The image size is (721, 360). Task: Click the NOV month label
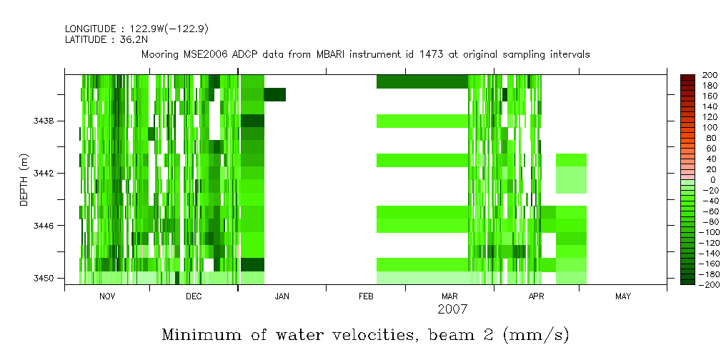point(107,296)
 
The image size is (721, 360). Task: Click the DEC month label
point(194,296)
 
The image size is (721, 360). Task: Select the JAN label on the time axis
point(282,296)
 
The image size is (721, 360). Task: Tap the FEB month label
point(366,296)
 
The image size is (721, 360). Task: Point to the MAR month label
point(449,296)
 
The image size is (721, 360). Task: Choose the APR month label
point(536,296)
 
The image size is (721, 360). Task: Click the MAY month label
point(623,296)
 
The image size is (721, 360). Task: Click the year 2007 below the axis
point(452,309)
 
